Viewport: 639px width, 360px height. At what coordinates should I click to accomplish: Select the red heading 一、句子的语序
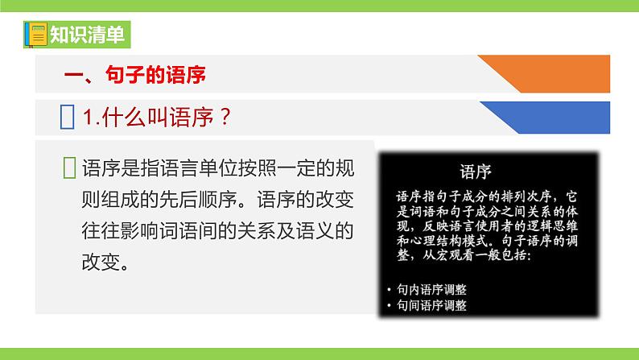(x=135, y=76)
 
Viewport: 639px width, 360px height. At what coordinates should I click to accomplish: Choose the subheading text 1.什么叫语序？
(x=159, y=118)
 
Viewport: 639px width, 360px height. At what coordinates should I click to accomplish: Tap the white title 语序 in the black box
(x=476, y=172)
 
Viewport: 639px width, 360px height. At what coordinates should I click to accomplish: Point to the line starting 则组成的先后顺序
(x=217, y=199)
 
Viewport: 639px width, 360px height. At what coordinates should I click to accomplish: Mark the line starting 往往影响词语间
(x=217, y=231)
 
